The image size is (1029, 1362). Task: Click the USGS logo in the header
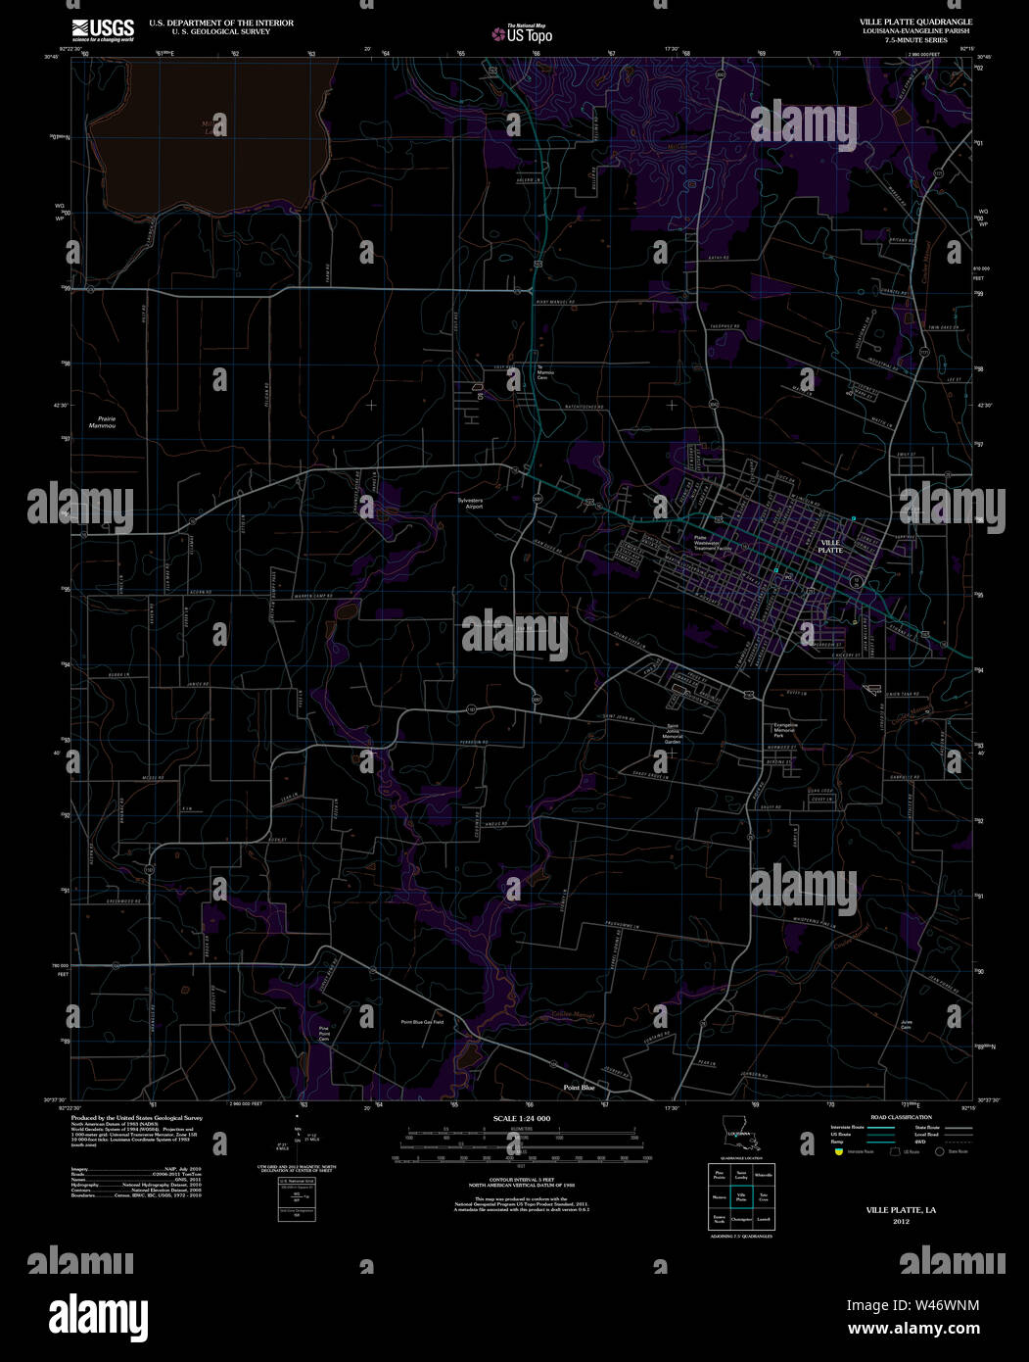point(102,29)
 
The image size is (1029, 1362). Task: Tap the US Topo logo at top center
point(529,33)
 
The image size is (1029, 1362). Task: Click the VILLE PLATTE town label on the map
point(830,546)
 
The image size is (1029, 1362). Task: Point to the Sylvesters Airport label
point(471,503)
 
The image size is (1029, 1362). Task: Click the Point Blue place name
point(579,1088)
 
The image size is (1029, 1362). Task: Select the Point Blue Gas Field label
point(422,1022)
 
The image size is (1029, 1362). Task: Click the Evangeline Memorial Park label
point(785,729)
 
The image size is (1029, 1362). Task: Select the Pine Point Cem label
point(324,1033)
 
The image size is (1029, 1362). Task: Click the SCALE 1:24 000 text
point(522,1118)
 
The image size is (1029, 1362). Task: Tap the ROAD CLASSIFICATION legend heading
point(901,1117)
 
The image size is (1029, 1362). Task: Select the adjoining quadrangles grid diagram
point(741,1196)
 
